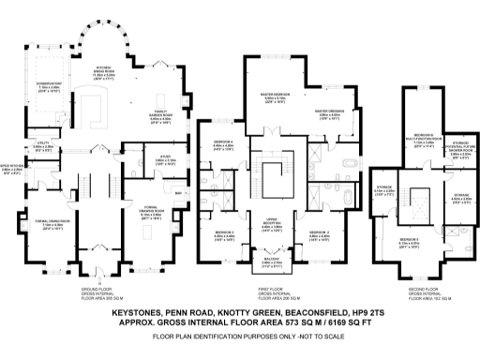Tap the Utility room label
(x=42, y=144)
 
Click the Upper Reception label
(x=272, y=225)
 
